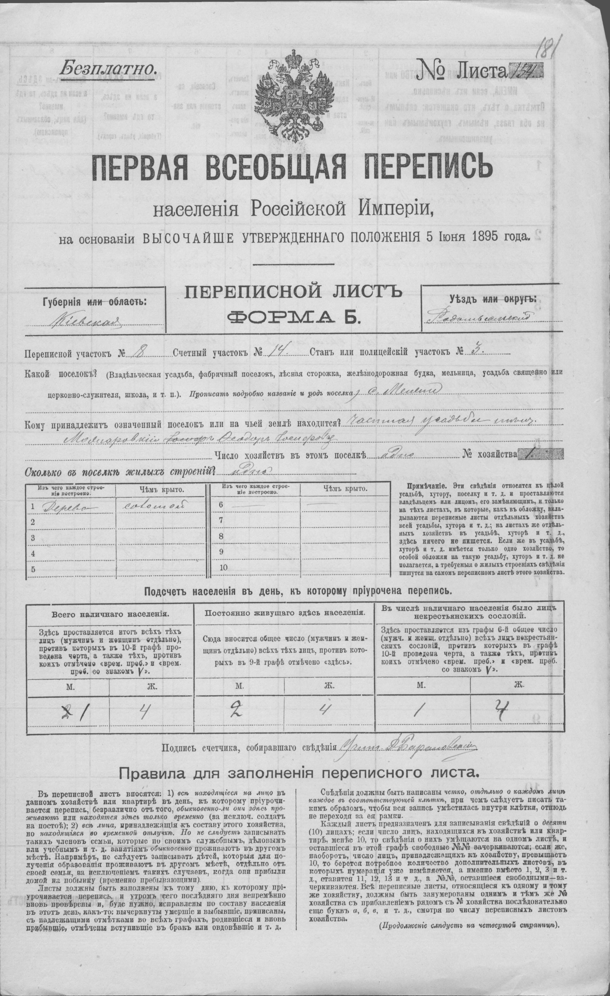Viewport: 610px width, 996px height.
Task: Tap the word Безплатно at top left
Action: click(x=107, y=66)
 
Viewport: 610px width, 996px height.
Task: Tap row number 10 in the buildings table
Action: click(x=223, y=567)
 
